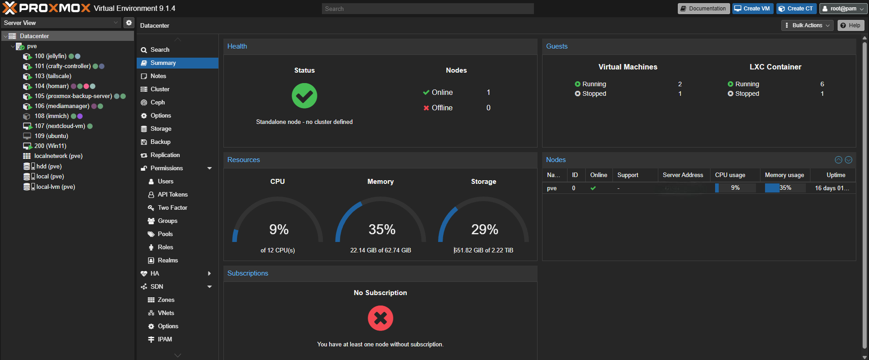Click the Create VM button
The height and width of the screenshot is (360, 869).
coord(752,9)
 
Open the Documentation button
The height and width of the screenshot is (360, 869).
coord(703,9)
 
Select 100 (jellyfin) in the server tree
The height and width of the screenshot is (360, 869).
coord(50,56)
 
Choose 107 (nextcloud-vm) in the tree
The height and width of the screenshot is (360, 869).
coord(59,126)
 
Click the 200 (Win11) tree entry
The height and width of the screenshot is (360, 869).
coord(50,146)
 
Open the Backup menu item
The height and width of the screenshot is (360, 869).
coord(160,142)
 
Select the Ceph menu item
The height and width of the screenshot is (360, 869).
coord(158,103)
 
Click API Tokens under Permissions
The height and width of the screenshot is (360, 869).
coord(173,195)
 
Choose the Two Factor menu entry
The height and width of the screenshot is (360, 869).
coord(172,208)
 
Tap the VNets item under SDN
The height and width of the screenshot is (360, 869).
coord(166,313)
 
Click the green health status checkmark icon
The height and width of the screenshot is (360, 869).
coord(304,96)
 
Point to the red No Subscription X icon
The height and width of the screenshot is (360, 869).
coord(380,318)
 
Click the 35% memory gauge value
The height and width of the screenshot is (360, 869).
coord(382,230)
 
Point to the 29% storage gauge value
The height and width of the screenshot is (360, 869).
coord(484,230)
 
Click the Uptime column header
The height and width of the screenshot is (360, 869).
coord(835,175)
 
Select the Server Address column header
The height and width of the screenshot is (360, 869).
coord(682,175)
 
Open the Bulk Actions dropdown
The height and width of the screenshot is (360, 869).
coord(807,25)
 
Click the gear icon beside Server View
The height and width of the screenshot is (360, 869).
coord(129,23)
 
